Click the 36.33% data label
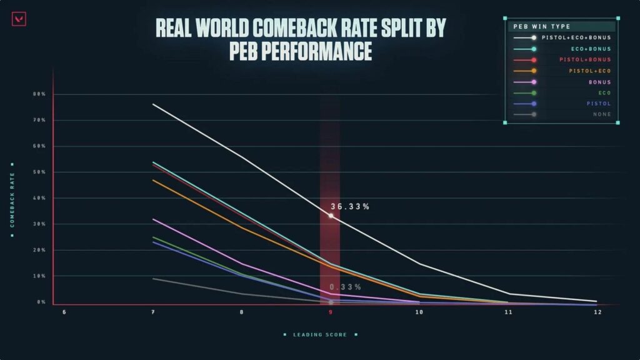click(x=349, y=207)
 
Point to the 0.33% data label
click(x=345, y=287)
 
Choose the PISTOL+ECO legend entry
click(x=590, y=71)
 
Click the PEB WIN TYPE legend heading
click(x=537, y=27)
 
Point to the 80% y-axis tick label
click(x=39, y=94)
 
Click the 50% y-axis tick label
click(x=39, y=172)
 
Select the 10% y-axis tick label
click(x=39, y=276)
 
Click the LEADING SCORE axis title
click(x=319, y=335)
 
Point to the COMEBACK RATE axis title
click(x=12, y=200)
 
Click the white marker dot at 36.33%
click(x=331, y=216)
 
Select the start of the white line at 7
click(x=154, y=104)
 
